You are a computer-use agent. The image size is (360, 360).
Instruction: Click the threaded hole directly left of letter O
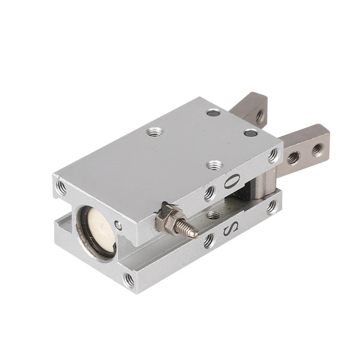[209, 193]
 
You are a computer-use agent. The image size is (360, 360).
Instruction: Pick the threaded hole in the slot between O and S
[214, 215]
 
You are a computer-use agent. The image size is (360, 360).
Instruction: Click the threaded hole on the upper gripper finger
[259, 116]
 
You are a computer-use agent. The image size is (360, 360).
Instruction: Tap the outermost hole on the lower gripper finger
[317, 149]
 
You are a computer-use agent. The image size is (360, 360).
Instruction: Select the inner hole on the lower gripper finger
[293, 157]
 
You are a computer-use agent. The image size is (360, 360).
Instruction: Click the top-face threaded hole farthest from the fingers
[154, 131]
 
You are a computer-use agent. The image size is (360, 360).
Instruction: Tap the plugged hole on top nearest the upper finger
[213, 113]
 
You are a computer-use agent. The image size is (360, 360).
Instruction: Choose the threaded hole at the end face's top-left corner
[61, 188]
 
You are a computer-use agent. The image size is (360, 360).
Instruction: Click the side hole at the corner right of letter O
[273, 155]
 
